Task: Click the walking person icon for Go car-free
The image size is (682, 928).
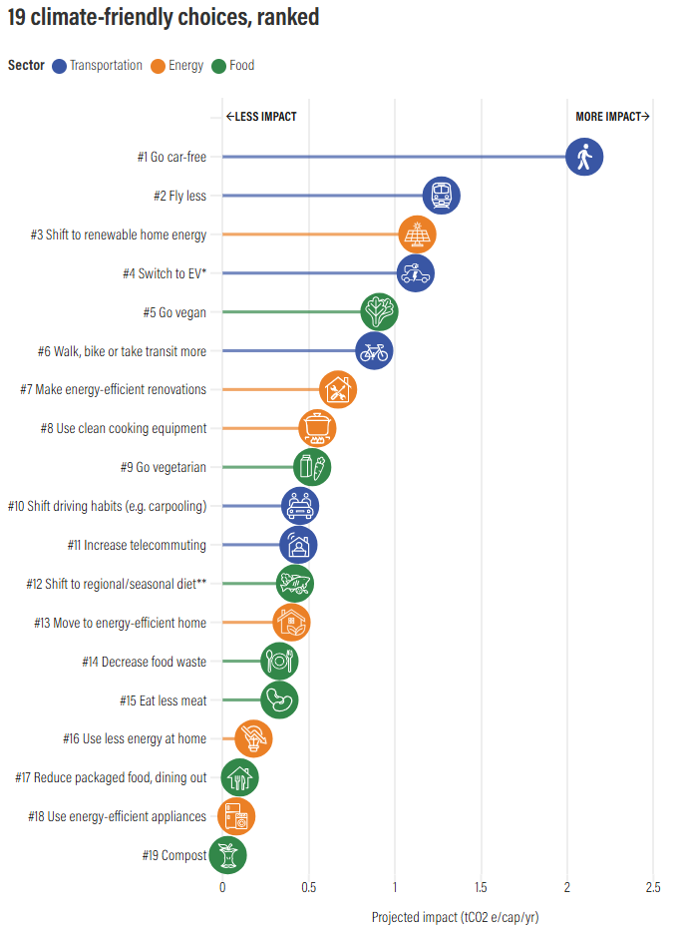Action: point(584,157)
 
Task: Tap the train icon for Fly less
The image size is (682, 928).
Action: point(441,196)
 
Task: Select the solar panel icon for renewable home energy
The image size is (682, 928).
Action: point(417,234)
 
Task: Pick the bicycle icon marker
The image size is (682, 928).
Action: point(374,351)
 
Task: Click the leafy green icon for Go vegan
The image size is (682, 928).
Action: point(379,312)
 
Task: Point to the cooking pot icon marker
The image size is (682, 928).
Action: point(317,428)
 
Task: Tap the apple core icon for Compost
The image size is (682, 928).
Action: point(227,855)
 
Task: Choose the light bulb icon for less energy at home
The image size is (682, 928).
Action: point(253,739)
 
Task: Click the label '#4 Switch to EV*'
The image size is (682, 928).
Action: point(171,273)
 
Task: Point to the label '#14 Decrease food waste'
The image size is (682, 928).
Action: point(144,662)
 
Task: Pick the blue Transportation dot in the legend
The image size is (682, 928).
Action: point(59,66)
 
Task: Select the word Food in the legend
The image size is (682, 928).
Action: point(242,66)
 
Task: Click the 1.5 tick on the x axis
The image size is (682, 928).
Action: point(482,887)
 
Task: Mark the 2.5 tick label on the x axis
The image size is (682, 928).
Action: point(654,887)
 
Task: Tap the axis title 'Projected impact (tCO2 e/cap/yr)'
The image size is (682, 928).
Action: point(455,917)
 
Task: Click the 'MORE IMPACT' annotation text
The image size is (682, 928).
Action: point(608,117)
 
